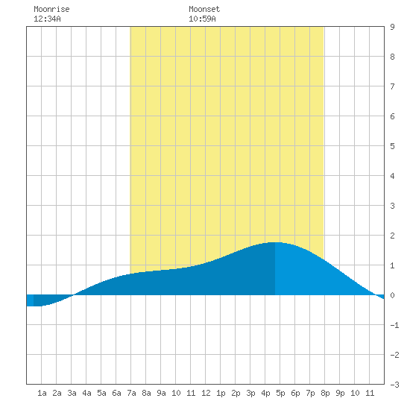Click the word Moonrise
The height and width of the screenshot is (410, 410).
(51, 9)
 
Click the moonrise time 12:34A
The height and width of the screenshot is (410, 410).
(47, 19)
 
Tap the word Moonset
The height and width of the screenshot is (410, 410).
(204, 9)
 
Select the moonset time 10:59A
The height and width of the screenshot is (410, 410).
(202, 19)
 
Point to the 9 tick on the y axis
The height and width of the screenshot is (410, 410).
(392, 27)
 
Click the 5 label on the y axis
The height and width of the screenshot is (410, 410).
(392, 146)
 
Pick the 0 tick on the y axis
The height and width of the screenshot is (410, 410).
(392, 295)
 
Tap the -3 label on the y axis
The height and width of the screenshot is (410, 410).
(394, 385)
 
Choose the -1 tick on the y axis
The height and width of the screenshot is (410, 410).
(394, 325)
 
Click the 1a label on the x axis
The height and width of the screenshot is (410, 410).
(42, 393)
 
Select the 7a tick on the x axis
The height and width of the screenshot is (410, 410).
(131, 393)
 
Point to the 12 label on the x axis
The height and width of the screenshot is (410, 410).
(206, 393)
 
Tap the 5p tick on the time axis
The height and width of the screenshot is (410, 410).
(280, 393)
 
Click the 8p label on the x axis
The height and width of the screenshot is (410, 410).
(325, 393)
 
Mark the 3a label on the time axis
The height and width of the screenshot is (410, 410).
(72, 393)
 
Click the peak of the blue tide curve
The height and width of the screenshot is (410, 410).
(274, 242)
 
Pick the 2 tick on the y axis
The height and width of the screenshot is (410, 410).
(392, 236)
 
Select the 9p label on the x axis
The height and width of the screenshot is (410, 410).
(340, 393)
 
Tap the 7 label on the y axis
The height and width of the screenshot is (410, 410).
(392, 86)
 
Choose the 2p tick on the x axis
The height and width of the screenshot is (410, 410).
(236, 393)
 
